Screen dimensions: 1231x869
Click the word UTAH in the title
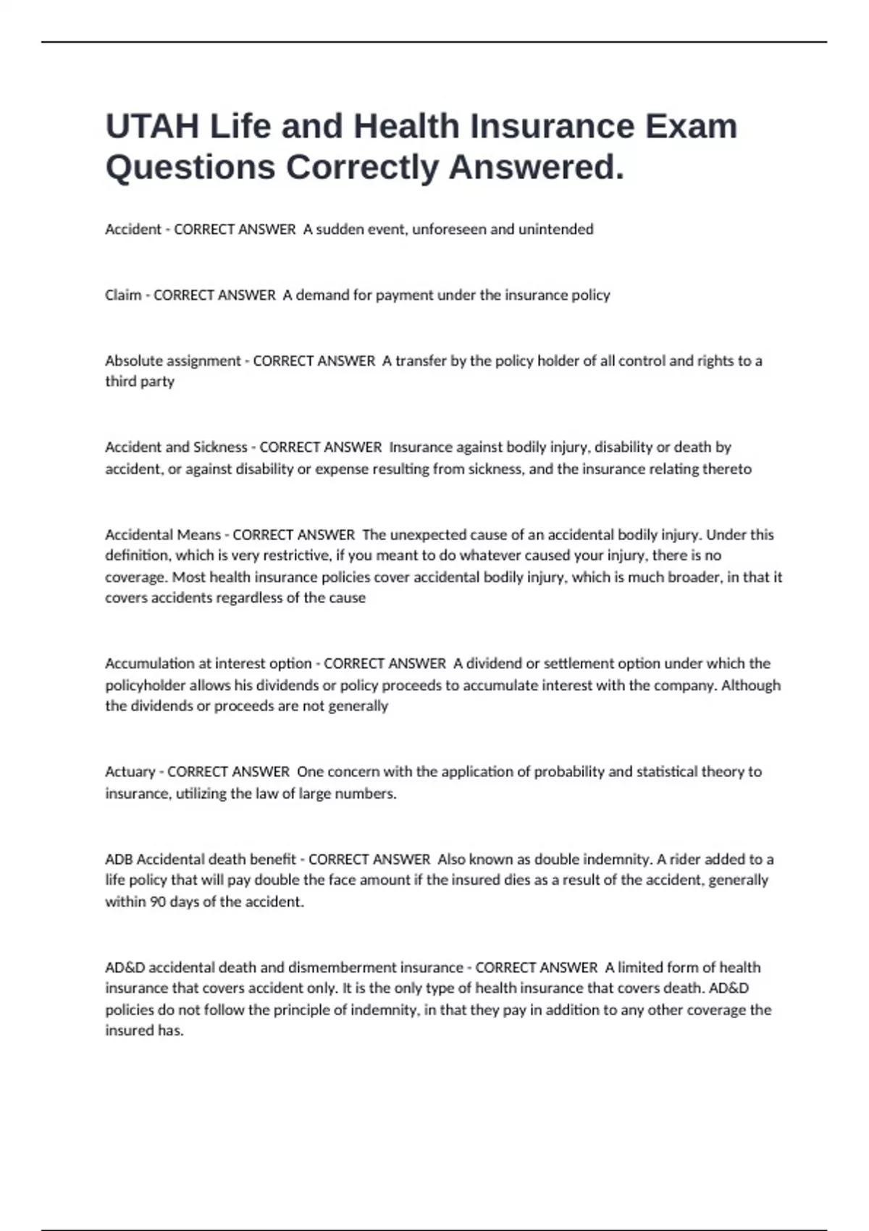[152, 127]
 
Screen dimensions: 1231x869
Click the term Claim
[123, 295]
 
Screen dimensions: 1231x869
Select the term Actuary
[130, 772]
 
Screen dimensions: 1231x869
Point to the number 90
[158, 902]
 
